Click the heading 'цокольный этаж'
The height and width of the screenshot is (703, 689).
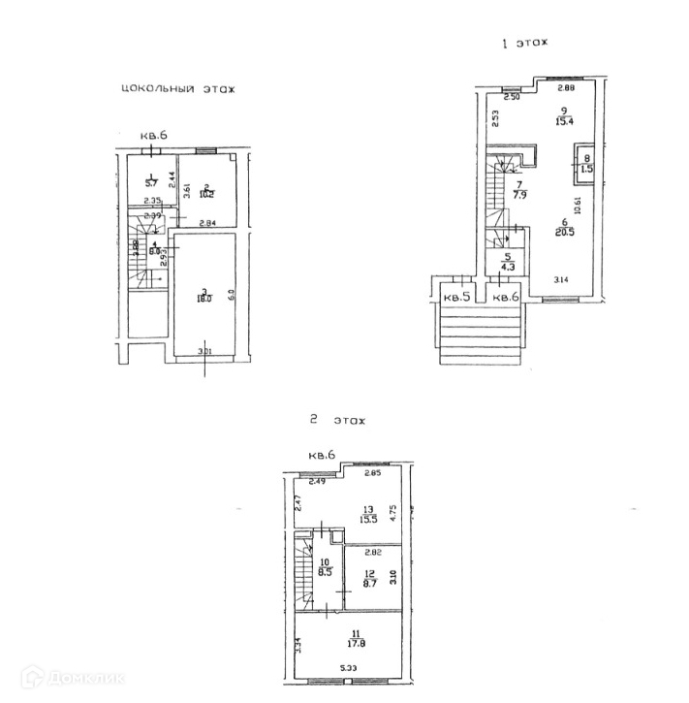(177, 89)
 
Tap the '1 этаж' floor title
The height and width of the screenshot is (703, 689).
(523, 44)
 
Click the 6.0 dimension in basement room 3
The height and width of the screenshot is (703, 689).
(231, 294)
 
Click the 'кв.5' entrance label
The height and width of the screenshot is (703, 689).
(456, 296)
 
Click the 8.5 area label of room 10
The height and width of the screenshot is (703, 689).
(325, 571)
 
